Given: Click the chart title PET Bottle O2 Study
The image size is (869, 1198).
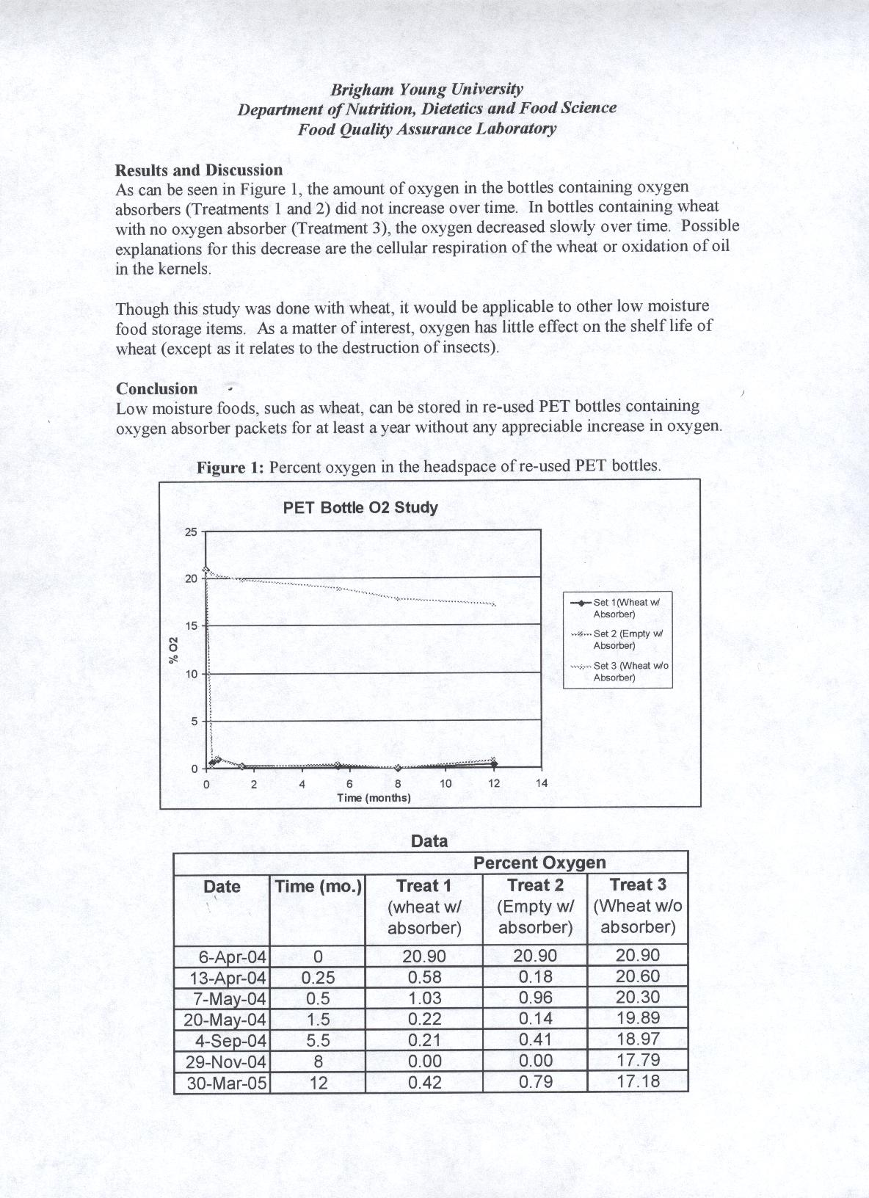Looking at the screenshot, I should (360, 508).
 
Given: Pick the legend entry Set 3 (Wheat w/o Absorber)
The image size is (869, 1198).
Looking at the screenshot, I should (621, 671).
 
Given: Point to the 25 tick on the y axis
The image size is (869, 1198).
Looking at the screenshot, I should (191, 531).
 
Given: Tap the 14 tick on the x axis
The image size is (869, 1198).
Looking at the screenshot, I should (541, 783).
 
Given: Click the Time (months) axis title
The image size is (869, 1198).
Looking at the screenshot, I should (374, 798).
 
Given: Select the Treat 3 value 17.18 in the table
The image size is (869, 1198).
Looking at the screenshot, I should (638, 1081).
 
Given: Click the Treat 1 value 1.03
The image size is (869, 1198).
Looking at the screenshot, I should (424, 998).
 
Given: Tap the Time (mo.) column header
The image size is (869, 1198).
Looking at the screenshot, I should (318, 887).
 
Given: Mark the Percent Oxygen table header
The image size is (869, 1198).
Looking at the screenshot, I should (539, 863).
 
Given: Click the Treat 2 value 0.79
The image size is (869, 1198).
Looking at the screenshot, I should (535, 1082).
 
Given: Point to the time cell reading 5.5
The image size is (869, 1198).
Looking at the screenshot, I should (318, 1040).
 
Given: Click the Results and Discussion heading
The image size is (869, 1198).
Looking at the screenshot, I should (199, 170).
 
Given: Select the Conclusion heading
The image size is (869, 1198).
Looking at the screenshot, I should (157, 389).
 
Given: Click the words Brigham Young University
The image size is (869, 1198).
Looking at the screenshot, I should (426, 90).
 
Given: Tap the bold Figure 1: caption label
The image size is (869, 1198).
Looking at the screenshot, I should (230, 468).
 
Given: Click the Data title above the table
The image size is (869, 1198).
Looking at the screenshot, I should (429, 841).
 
